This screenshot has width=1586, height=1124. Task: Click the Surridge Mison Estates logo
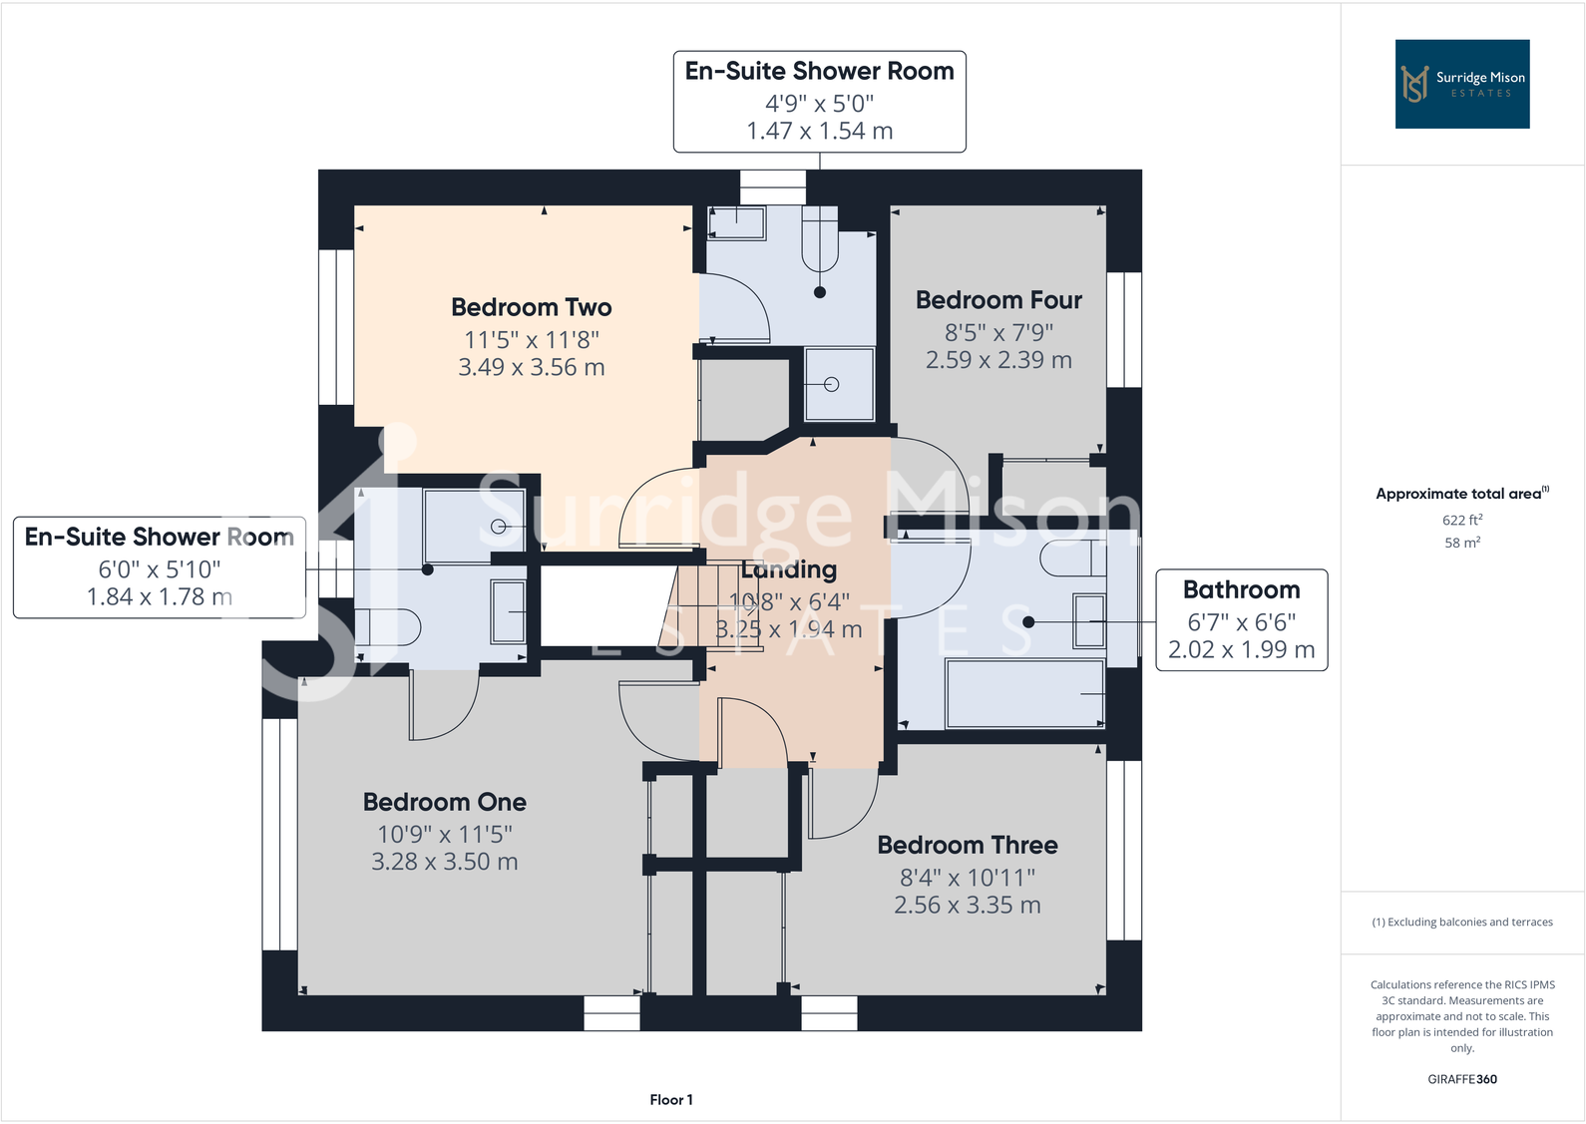[x=1461, y=84]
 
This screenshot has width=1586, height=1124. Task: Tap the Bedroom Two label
[x=531, y=307]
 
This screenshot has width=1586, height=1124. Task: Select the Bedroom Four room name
[x=998, y=300]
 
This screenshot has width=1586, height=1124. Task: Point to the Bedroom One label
[x=444, y=802]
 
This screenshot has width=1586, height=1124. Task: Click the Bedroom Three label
[x=967, y=845]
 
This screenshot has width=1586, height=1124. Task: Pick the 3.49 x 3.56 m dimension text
[x=531, y=367]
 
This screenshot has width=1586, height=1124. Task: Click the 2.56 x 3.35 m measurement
[x=967, y=905]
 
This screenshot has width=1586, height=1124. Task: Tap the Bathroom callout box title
[x=1241, y=589]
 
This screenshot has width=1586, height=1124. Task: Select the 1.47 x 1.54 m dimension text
[x=819, y=131]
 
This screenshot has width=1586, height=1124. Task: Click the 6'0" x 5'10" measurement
[x=159, y=569]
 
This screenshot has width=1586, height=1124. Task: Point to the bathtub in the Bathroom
[x=1024, y=694]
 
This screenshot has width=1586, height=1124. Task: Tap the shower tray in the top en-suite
[x=839, y=385]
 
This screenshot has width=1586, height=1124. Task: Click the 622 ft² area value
[x=1461, y=520]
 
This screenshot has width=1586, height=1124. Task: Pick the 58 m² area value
[x=1461, y=543]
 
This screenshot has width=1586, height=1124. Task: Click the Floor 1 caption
[x=670, y=1099]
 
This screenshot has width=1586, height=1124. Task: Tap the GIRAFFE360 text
[x=1461, y=1079]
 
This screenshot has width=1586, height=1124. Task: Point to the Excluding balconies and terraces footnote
[x=1461, y=922]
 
